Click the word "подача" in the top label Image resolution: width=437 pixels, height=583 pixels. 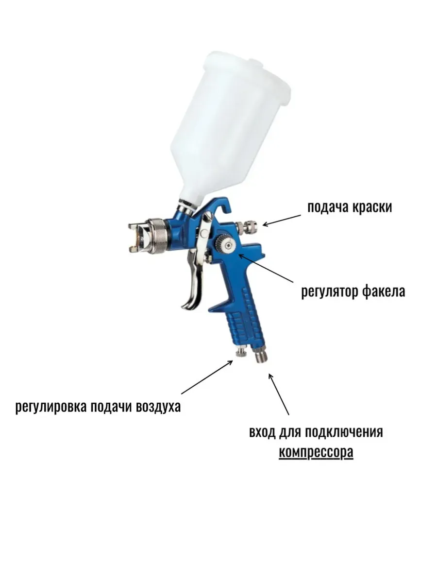click(x=328, y=207)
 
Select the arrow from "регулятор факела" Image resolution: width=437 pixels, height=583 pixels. click(x=266, y=268)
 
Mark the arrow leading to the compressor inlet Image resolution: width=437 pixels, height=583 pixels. click(x=279, y=394)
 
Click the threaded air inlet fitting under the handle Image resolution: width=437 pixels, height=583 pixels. click(x=261, y=354)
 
